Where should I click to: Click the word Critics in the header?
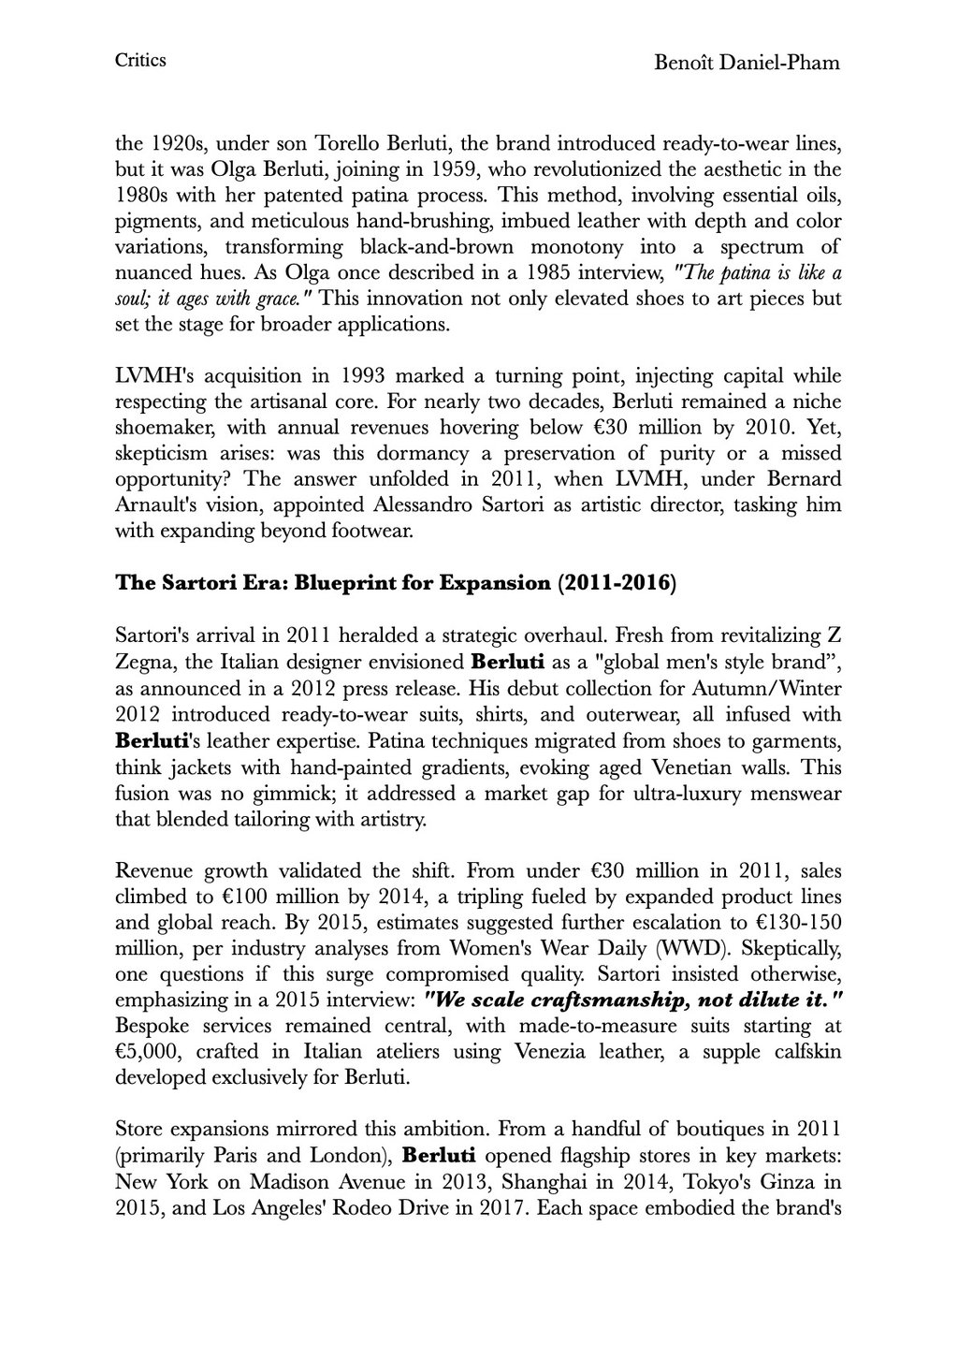(x=140, y=61)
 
